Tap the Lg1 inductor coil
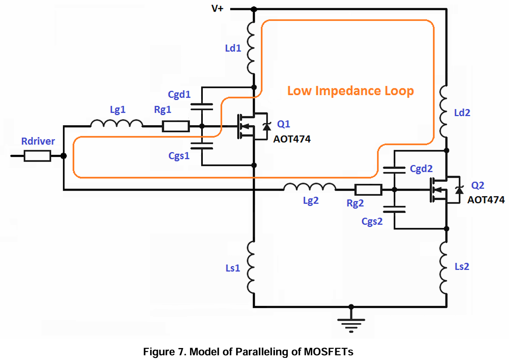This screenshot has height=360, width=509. point(117,124)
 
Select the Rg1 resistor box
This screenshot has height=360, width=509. point(176,126)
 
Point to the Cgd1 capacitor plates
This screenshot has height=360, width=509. point(202,107)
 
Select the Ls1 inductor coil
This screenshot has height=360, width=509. point(251,268)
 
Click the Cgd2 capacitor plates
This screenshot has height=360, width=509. point(394,170)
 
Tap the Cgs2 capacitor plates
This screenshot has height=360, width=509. point(394,209)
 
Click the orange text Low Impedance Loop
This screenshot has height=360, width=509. point(350,91)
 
